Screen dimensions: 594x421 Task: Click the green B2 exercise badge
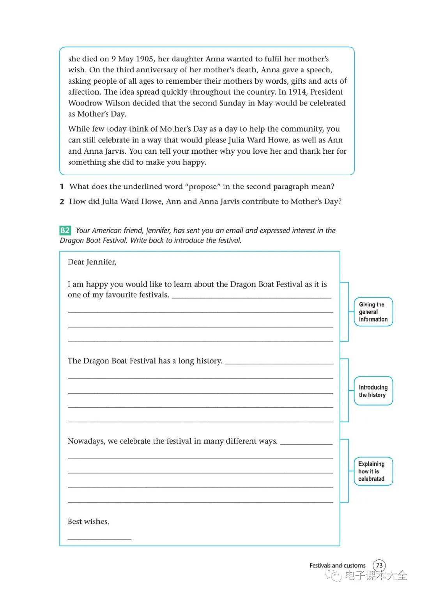(x=65, y=230)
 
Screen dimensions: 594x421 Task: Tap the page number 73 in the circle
(x=379, y=565)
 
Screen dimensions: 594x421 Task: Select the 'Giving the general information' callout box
(x=373, y=312)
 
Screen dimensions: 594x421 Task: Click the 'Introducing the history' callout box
(x=373, y=391)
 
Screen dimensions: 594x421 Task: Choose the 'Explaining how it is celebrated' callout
(x=373, y=471)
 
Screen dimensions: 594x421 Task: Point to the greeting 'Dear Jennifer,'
(x=92, y=262)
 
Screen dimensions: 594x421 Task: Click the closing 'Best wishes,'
(x=88, y=522)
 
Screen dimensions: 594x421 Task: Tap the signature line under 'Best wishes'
(x=99, y=538)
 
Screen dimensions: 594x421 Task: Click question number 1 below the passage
(x=62, y=186)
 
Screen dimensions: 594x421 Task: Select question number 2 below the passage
(x=62, y=202)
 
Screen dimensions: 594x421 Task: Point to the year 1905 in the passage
(x=145, y=59)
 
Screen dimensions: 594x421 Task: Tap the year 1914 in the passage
(x=297, y=92)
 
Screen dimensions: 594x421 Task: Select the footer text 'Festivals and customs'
(x=337, y=566)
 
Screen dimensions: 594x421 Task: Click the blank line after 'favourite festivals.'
(x=251, y=297)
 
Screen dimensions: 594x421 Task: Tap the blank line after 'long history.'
(x=279, y=363)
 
